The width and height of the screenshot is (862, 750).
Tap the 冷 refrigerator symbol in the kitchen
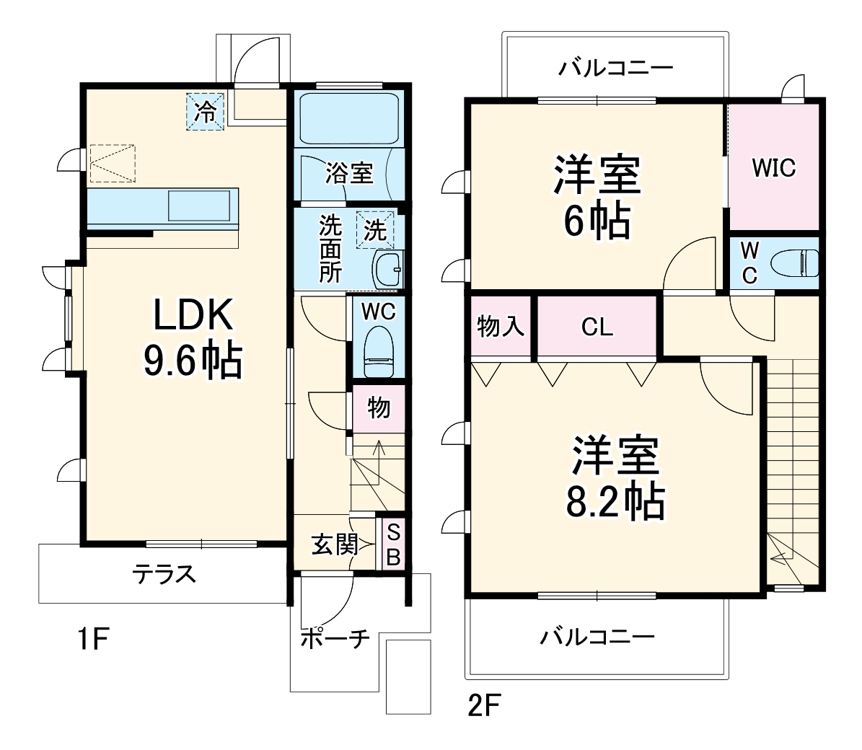206,112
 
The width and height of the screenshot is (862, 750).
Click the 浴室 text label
348,173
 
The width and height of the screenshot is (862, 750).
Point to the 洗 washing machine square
375,229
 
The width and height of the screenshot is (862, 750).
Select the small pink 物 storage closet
379,408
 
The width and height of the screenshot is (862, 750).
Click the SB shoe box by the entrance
393,544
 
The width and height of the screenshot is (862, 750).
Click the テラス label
164,575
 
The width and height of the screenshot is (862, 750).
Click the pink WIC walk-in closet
773,167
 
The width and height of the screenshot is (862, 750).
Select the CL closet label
597,327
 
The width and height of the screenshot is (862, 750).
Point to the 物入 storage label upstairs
501,327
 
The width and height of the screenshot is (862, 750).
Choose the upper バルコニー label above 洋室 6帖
615,69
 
